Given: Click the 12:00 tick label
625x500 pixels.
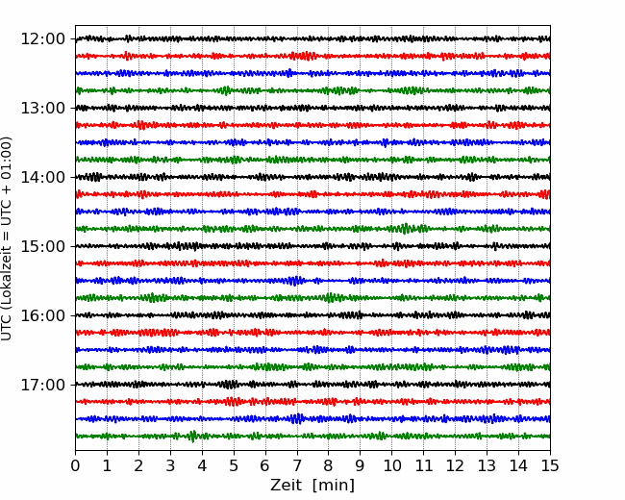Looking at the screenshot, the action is (x=42, y=39).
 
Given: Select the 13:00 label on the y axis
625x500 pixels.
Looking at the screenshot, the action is (x=42, y=108).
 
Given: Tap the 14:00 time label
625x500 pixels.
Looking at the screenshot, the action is (x=42, y=177).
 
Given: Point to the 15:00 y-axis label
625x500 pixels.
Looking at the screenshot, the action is (x=42, y=246).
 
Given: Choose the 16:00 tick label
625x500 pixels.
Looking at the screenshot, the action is (x=42, y=315).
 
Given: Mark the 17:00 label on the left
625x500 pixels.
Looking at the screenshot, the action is (x=42, y=385).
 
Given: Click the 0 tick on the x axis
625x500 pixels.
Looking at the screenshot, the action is (x=75, y=465).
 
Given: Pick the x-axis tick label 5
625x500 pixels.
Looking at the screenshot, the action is (x=234, y=465).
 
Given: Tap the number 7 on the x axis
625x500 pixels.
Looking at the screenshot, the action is (x=296, y=465).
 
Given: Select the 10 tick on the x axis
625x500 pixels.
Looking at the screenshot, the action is (x=391, y=465).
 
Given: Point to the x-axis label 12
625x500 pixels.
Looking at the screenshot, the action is (x=455, y=465).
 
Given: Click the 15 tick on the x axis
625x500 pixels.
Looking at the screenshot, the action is (x=550, y=465).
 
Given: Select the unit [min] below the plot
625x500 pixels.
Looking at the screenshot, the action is (x=334, y=486).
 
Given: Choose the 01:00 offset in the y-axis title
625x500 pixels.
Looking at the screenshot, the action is (x=6, y=152).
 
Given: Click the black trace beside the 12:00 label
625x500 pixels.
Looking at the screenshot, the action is (x=312, y=38).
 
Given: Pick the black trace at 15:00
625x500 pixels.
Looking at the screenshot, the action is (x=312, y=246).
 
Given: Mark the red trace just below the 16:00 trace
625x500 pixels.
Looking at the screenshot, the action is (x=312, y=332).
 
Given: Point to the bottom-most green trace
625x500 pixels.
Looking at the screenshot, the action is (x=312, y=436).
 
